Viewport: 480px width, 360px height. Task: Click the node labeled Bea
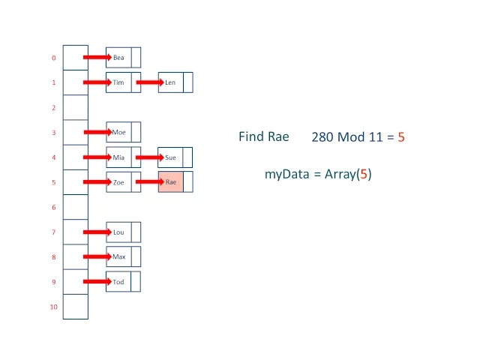[118, 58]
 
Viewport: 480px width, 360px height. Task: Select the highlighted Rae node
[171, 182]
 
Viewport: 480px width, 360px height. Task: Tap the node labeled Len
[170, 82]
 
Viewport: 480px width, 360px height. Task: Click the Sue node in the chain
[170, 157]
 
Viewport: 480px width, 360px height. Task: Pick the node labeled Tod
[118, 282]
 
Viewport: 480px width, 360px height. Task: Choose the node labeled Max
[118, 257]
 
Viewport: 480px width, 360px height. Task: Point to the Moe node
[118, 133]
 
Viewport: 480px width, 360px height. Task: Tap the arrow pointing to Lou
[97, 232]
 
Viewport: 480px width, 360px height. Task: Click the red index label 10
[54, 307]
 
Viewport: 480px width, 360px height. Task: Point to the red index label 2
[54, 108]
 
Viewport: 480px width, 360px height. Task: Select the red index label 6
[54, 207]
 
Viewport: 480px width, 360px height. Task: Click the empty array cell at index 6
[75, 207]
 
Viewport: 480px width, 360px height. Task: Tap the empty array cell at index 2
[75, 108]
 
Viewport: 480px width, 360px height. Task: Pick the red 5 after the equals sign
[401, 137]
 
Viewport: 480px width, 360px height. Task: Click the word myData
[283, 174]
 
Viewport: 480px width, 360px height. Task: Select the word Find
[250, 136]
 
